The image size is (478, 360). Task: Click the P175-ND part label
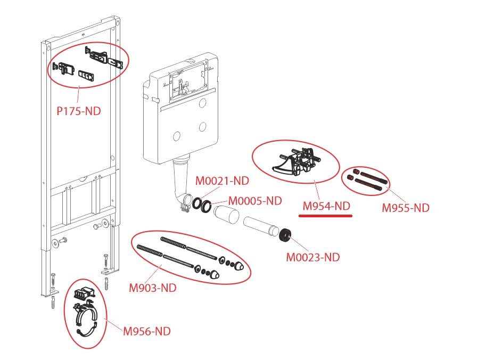[79, 111]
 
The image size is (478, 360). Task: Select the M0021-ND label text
[222, 181]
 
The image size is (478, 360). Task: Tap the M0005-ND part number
[255, 201]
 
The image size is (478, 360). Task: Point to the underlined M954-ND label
[326, 206]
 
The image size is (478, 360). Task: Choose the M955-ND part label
[406, 208]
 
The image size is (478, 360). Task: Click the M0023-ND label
[313, 257]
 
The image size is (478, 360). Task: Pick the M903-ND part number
[152, 288]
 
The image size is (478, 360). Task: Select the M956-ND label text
[146, 331]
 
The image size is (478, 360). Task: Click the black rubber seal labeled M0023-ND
[285, 235]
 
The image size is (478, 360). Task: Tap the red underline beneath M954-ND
[326, 215]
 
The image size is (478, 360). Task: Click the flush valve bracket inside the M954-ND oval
[296, 161]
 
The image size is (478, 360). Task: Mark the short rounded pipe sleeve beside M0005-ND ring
[226, 215]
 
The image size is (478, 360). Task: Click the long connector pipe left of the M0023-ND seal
[261, 227]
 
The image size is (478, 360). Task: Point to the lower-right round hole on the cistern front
[203, 126]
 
